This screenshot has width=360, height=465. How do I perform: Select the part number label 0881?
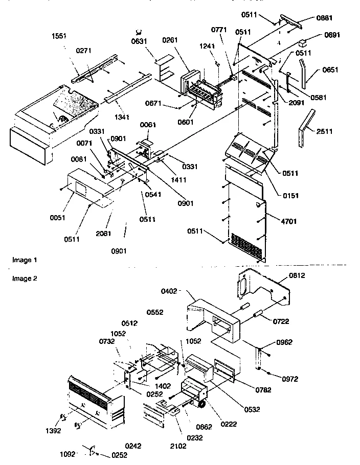pyautogui.click(x=324, y=17)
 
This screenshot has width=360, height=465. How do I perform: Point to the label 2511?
pyautogui.click(x=324, y=131)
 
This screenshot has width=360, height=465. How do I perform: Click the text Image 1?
pyautogui.click(x=25, y=260)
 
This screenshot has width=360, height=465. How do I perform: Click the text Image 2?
pyautogui.click(x=25, y=278)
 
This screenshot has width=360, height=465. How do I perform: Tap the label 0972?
pyautogui.click(x=289, y=379)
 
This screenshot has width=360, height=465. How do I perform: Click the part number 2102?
pyautogui.click(x=178, y=446)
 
